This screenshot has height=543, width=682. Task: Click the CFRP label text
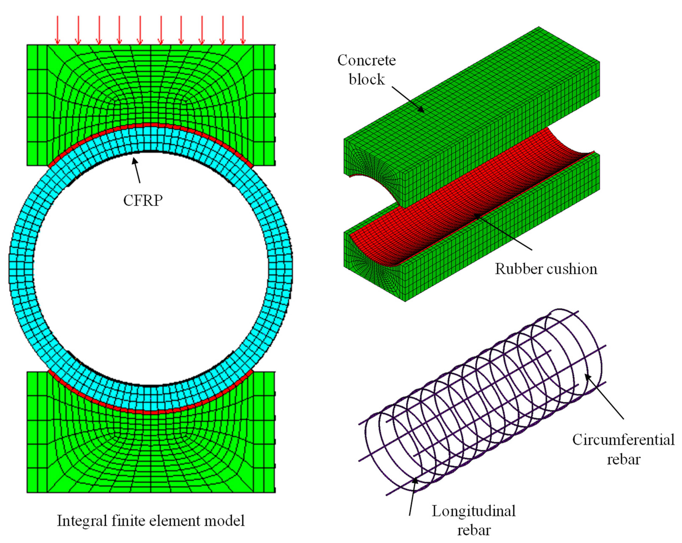click(143, 200)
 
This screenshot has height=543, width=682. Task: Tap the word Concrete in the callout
click(366, 60)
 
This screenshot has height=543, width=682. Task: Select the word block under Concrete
click(367, 79)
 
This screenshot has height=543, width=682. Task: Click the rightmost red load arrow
click(243, 30)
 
